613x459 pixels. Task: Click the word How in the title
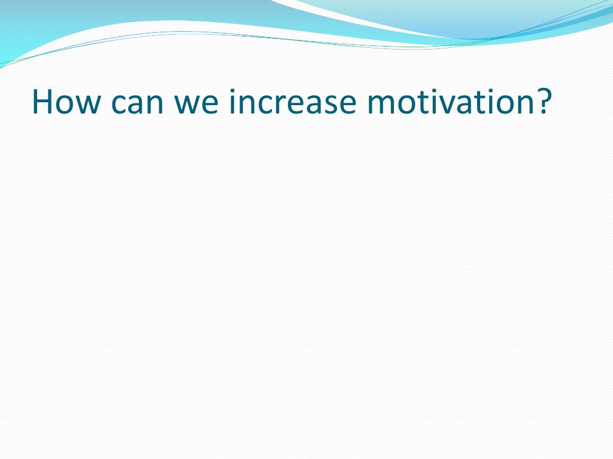[x=66, y=102]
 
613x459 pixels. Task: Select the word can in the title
[x=137, y=105]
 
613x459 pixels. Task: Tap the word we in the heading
[x=196, y=105]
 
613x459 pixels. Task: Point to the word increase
[x=293, y=102]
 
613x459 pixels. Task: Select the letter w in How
[x=86, y=105]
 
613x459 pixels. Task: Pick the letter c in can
[x=119, y=105]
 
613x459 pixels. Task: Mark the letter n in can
[x=156, y=105]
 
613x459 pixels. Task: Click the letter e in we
[x=211, y=105]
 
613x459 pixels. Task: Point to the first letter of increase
[x=232, y=102]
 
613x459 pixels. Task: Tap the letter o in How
[x=62, y=105]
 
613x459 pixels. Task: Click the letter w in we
[x=187, y=105]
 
